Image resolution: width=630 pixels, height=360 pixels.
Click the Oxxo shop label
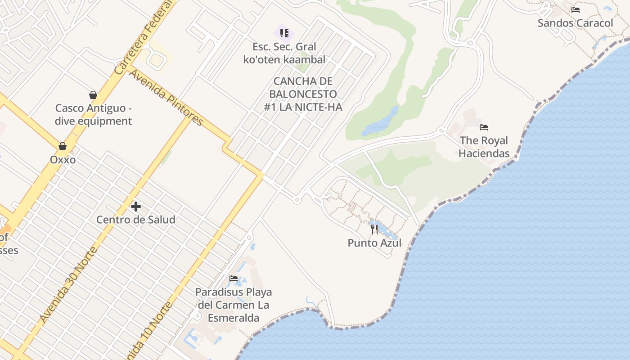click(x=63, y=160)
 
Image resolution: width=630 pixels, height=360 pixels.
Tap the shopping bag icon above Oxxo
click(x=63, y=146)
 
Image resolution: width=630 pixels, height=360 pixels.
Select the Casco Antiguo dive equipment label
click(x=93, y=115)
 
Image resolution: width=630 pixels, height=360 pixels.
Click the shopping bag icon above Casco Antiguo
click(x=93, y=95)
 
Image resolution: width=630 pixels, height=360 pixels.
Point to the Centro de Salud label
click(x=135, y=220)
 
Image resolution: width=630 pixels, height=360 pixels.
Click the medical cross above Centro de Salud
click(x=135, y=207)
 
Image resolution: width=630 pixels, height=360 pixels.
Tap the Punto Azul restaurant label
click(x=374, y=243)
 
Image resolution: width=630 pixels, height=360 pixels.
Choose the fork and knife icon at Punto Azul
click(x=374, y=229)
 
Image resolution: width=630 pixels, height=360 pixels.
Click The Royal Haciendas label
click(x=484, y=147)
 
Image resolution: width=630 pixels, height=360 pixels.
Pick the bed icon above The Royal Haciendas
click(x=484, y=127)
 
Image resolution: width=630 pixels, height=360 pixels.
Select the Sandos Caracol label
click(x=575, y=23)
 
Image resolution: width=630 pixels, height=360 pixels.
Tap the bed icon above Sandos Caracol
click(x=575, y=10)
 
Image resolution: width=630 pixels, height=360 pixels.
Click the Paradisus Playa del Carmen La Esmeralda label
click(x=233, y=305)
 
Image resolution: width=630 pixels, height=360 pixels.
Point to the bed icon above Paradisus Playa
click(x=233, y=279)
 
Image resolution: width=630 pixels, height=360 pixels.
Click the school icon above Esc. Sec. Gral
click(x=284, y=33)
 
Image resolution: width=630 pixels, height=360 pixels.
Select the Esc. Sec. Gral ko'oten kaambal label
click(x=284, y=53)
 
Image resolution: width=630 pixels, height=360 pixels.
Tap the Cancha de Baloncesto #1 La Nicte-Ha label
click(x=303, y=94)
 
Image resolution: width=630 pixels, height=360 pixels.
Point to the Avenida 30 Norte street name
click(x=68, y=284)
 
